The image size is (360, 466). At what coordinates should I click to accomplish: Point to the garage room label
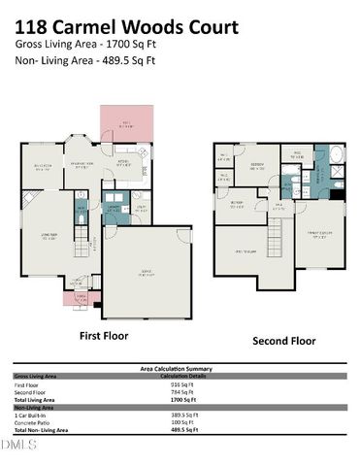click(x=147, y=275)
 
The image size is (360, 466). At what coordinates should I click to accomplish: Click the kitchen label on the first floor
click(x=123, y=164)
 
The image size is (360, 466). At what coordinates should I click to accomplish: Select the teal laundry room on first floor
click(x=114, y=209)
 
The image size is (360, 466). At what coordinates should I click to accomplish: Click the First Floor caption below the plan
click(x=103, y=335)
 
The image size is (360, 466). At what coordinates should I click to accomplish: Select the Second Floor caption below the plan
click(x=283, y=341)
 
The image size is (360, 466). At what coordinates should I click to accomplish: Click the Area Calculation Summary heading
click(x=179, y=368)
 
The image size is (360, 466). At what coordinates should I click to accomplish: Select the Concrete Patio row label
click(x=36, y=421)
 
